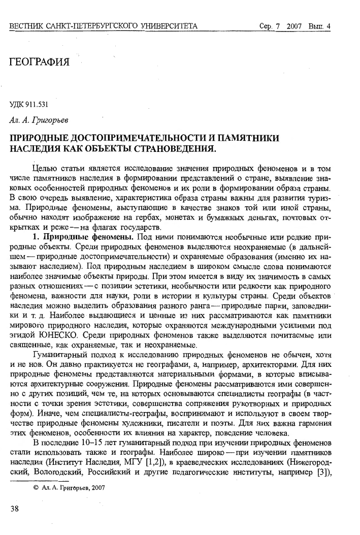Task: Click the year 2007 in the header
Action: pyautogui.click(x=294, y=26)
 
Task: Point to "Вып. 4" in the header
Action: pyautogui.click(x=319, y=26)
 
